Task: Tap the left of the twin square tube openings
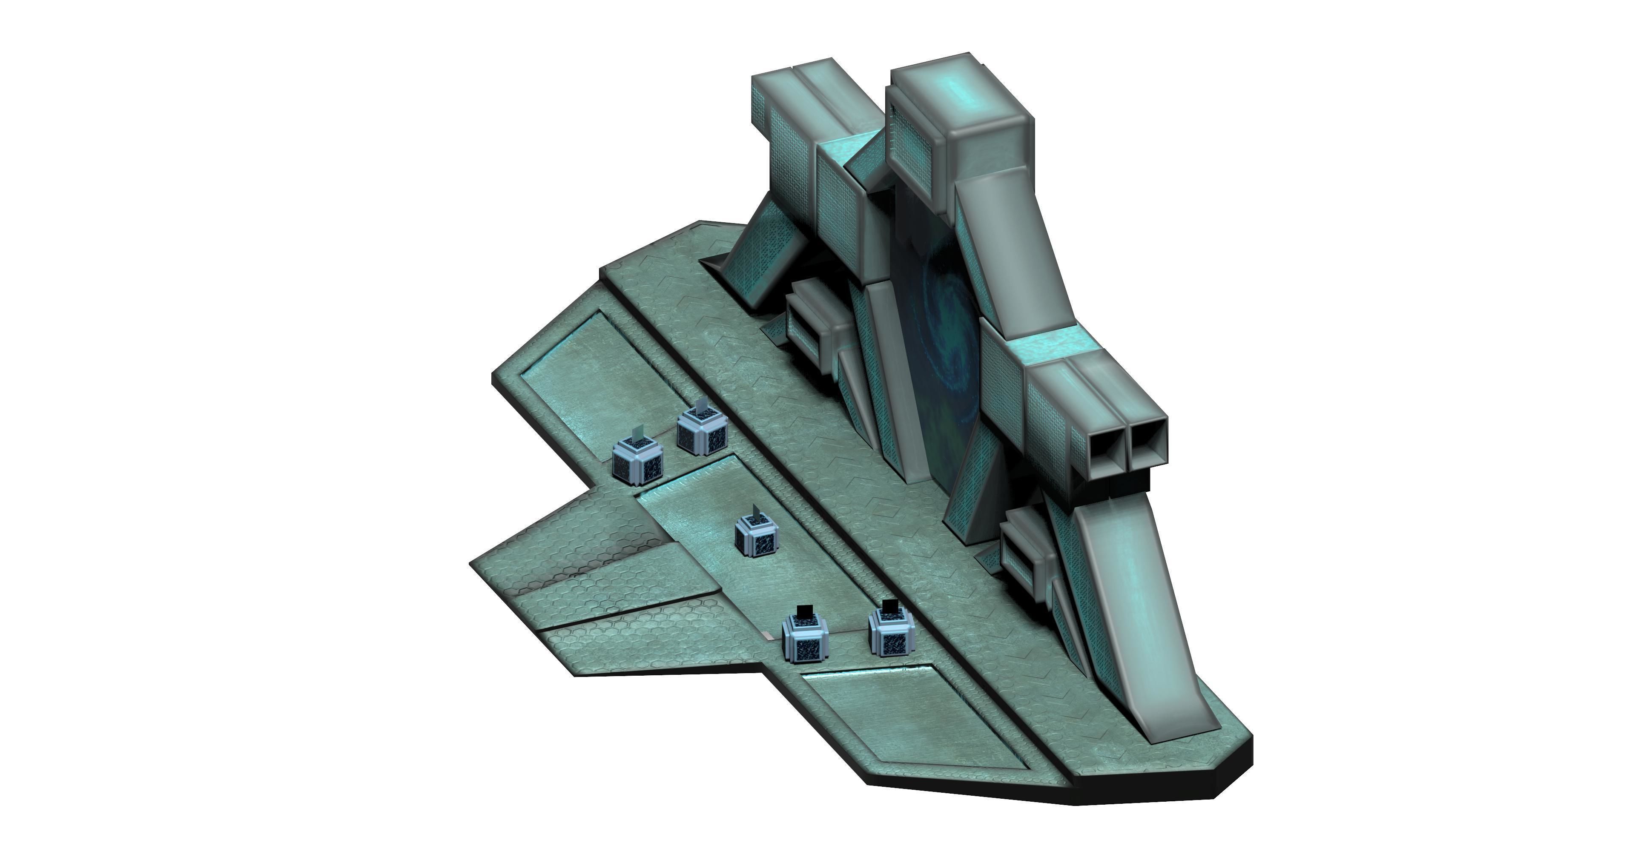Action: click(x=1106, y=444)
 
